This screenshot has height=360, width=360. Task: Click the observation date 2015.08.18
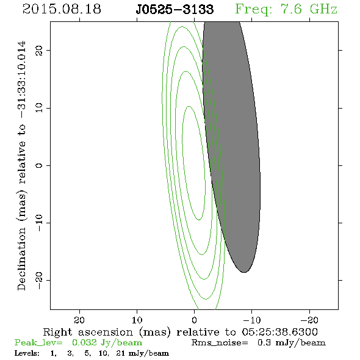[62, 9]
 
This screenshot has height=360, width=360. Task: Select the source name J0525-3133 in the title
[175, 10]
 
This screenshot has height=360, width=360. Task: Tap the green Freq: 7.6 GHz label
[286, 10]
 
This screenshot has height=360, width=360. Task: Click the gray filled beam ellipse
[231, 147]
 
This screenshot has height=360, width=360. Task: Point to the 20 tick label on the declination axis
[39, 50]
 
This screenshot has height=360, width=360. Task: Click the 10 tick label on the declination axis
[39, 108]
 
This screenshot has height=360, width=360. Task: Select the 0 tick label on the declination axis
[39, 165]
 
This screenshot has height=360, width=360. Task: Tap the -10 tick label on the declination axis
[39, 223]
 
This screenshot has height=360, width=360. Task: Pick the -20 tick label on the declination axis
[39, 280]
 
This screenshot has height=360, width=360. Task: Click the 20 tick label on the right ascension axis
[79, 320]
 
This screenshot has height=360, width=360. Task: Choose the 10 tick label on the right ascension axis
[137, 320]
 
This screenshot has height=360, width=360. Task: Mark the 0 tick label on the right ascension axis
[194, 320]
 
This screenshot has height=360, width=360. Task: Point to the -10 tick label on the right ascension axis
[252, 320]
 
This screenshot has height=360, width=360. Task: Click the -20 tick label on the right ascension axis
[309, 320]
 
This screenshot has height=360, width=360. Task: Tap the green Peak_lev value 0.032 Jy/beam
[107, 343]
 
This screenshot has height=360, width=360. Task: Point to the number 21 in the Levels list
[121, 353]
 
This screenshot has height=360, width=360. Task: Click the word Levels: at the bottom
[27, 353]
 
